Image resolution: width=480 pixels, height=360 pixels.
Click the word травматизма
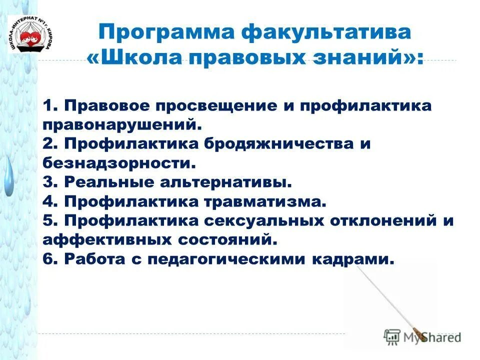[265, 201]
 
